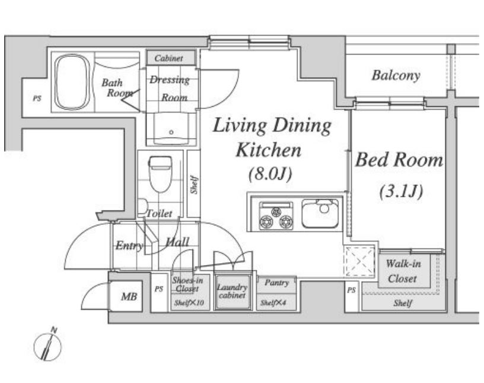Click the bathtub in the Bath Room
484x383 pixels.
[73, 82]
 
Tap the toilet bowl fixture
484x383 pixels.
[160, 174]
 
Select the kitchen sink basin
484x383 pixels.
[320, 213]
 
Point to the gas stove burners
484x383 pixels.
[276, 216]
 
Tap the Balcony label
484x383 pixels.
[396, 75]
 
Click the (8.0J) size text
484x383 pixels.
[270, 174]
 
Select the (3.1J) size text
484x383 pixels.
[400, 191]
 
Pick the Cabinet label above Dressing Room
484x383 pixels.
[168, 58]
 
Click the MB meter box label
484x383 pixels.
[129, 296]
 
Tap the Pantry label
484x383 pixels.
[276, 283]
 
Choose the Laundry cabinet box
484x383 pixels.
[233, 292]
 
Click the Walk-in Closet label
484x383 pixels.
[403, 272]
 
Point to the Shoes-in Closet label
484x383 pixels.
[187, 285]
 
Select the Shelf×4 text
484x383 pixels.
[273, 303]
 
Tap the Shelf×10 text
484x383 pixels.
[189, 303]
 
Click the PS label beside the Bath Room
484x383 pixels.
[37, 99]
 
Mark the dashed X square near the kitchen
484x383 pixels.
[359, 261]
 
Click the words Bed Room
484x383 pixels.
[399, 160]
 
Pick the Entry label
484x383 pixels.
[129, 245]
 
